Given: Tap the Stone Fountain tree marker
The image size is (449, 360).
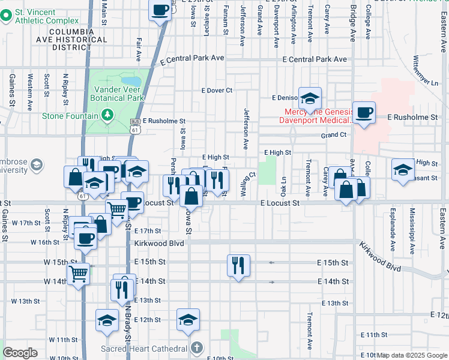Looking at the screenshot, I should [107, 114].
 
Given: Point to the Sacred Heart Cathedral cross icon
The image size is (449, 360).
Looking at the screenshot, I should [197, 347].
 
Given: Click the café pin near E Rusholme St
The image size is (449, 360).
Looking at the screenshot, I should [364, 112].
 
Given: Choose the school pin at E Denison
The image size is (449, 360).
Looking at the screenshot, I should [310, 98].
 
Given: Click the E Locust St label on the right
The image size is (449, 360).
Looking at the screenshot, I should [280, 203].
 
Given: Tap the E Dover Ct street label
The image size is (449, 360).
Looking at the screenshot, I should [217, 91].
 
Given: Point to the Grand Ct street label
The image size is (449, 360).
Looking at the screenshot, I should [334, 136].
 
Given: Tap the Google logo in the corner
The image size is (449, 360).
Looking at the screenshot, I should [20, 353].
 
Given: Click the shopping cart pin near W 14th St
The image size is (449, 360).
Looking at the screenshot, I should [78, 274].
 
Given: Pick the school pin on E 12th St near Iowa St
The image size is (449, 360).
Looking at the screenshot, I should [188, 320].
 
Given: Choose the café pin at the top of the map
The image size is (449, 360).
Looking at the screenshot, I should [161, 10].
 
